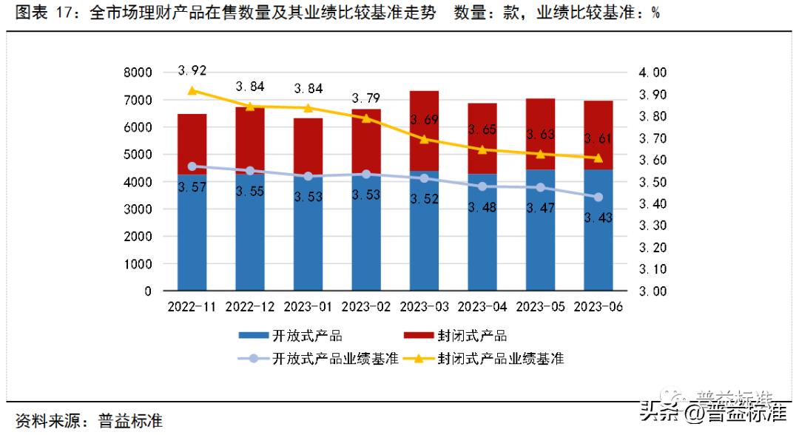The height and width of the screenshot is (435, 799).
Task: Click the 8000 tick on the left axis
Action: (x=137, y=72)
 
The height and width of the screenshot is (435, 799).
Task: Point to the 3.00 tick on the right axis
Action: (x=653, y=291)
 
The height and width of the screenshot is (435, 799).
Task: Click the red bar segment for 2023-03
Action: (x=424, y=130)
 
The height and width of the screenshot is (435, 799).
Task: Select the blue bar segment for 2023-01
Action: (x=308, y=237)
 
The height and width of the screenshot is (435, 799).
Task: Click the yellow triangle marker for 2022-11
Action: (x=192, y=90)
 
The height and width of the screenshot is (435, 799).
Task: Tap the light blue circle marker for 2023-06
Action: (x=598, y=197)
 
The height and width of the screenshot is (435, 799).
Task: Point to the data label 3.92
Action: (x=192, y=71)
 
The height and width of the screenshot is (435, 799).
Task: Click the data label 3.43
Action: (x=598, y=217)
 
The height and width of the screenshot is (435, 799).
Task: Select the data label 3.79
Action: (x=365, y=98)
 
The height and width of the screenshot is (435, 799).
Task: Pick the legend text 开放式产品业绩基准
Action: (x=336, y=359)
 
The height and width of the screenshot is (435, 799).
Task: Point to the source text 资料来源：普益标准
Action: (x=89, y=421)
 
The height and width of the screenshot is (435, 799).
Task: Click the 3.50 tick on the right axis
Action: (x=653, y=182)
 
